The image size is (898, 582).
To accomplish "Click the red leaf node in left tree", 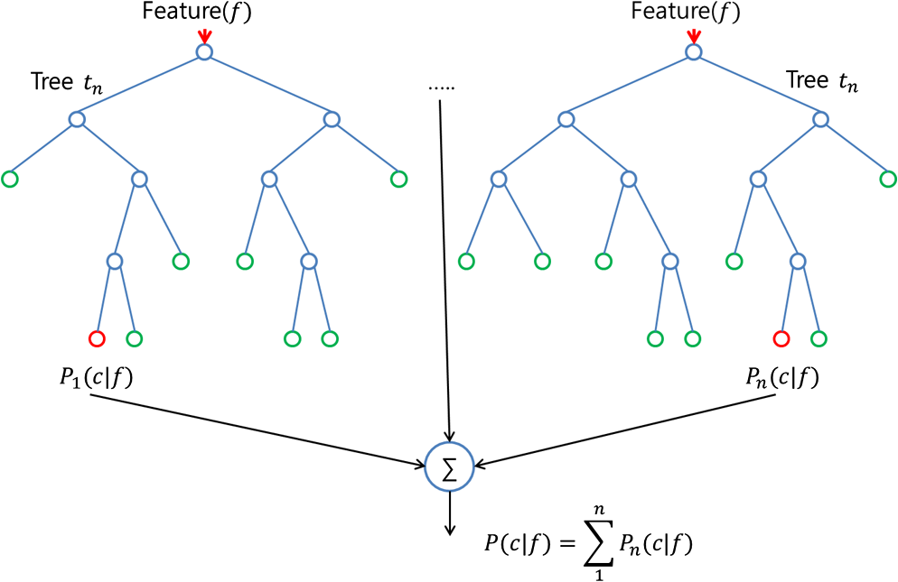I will coord(97,339).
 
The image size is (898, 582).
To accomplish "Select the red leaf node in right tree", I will coord(781,339).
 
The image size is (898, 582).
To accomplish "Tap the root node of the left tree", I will coord(204,52).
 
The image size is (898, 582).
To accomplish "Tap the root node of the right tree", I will coord(693,52).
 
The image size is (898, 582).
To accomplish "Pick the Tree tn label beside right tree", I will coord(821,81).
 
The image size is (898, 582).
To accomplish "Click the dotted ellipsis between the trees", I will coord(440,88).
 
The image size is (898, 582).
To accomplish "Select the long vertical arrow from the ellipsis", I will coord(444,271).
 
